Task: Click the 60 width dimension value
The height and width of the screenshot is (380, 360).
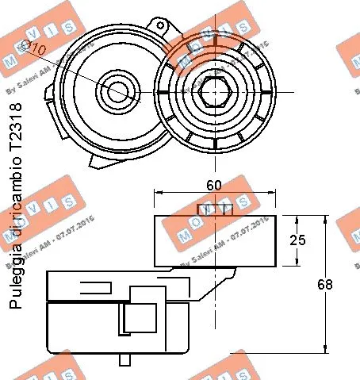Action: tap(214, 184)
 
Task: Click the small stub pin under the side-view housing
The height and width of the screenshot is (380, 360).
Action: tap(124, 359)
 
